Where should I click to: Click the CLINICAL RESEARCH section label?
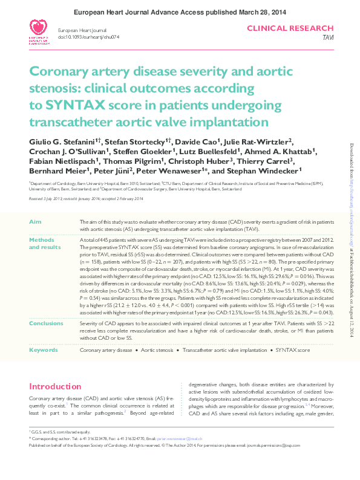click(290, 28)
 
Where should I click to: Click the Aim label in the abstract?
click(35, 222)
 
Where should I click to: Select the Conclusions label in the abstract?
click(46, 324)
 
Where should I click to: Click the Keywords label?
click(44, 350)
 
